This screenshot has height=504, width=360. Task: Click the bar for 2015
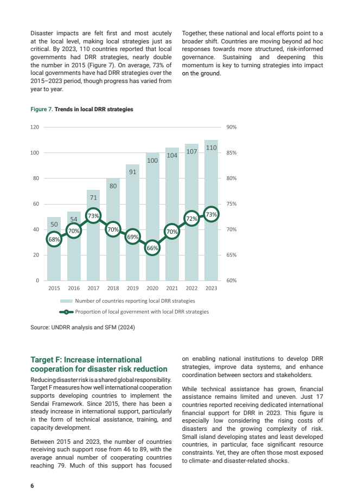tap(54, 260)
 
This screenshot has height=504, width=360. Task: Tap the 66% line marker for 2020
tap(152, 248)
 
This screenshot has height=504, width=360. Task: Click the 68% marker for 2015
tap(54, 239)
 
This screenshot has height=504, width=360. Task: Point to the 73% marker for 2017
tap(93, 215)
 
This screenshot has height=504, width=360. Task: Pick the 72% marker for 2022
tap(191, 218)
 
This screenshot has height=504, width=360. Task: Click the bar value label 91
tap(133, 171)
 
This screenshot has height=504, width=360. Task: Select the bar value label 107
tap(191, 152)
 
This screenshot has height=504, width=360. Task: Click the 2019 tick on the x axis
tap(133, 288)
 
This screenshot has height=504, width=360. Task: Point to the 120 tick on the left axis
tap(35, 127)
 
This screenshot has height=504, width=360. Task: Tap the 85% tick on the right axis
tap(231, 153)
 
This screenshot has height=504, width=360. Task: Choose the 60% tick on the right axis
tap(231, 280)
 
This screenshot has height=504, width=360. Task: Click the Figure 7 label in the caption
tap(41, 109)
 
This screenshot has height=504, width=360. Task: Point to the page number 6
tap(32, 486)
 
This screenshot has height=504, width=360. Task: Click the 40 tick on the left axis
tap(37, 229)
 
